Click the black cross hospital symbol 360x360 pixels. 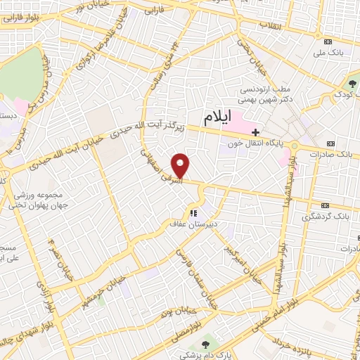point(256,131)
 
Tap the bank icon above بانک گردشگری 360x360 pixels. point(324,205)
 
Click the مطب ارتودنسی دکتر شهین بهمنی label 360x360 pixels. point(267,95)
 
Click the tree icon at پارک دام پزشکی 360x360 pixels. point(205,345)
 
